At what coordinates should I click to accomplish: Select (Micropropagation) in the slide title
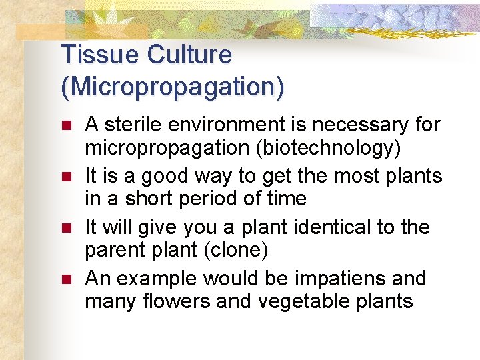(x=172, y=87)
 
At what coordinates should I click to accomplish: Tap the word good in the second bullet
(x=163, y=177)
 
